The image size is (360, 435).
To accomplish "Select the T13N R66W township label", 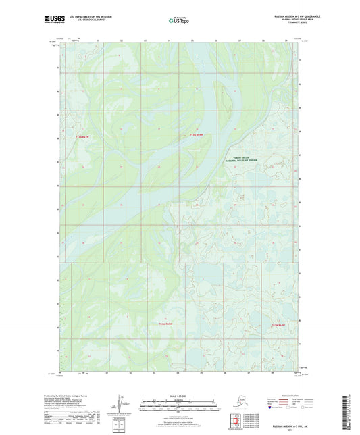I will tap(195, 138).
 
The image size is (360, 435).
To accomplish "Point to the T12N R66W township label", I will tap(280, 326).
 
